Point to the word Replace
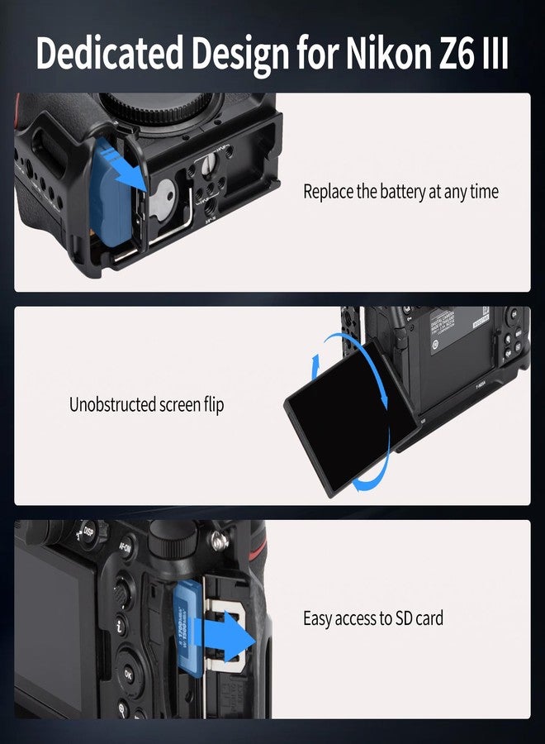point(328,192)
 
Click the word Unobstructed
point(112,405)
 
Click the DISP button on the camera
point(88,532)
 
